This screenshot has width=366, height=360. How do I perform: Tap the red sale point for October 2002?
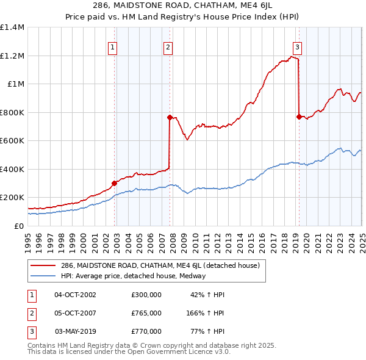tap(114, 183)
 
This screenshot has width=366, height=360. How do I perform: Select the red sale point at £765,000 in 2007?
tap(170, 118)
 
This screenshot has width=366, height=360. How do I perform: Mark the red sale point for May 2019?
tap(299, 117)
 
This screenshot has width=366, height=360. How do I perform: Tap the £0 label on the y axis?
tap(19, 226)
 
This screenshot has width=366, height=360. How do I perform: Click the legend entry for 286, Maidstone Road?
tap(160, 265)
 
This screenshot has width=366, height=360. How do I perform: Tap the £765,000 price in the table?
tap(146, 313)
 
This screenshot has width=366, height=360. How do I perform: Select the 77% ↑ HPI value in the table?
tap(207, 331)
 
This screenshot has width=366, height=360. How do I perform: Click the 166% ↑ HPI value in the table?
tap(206, 313)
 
